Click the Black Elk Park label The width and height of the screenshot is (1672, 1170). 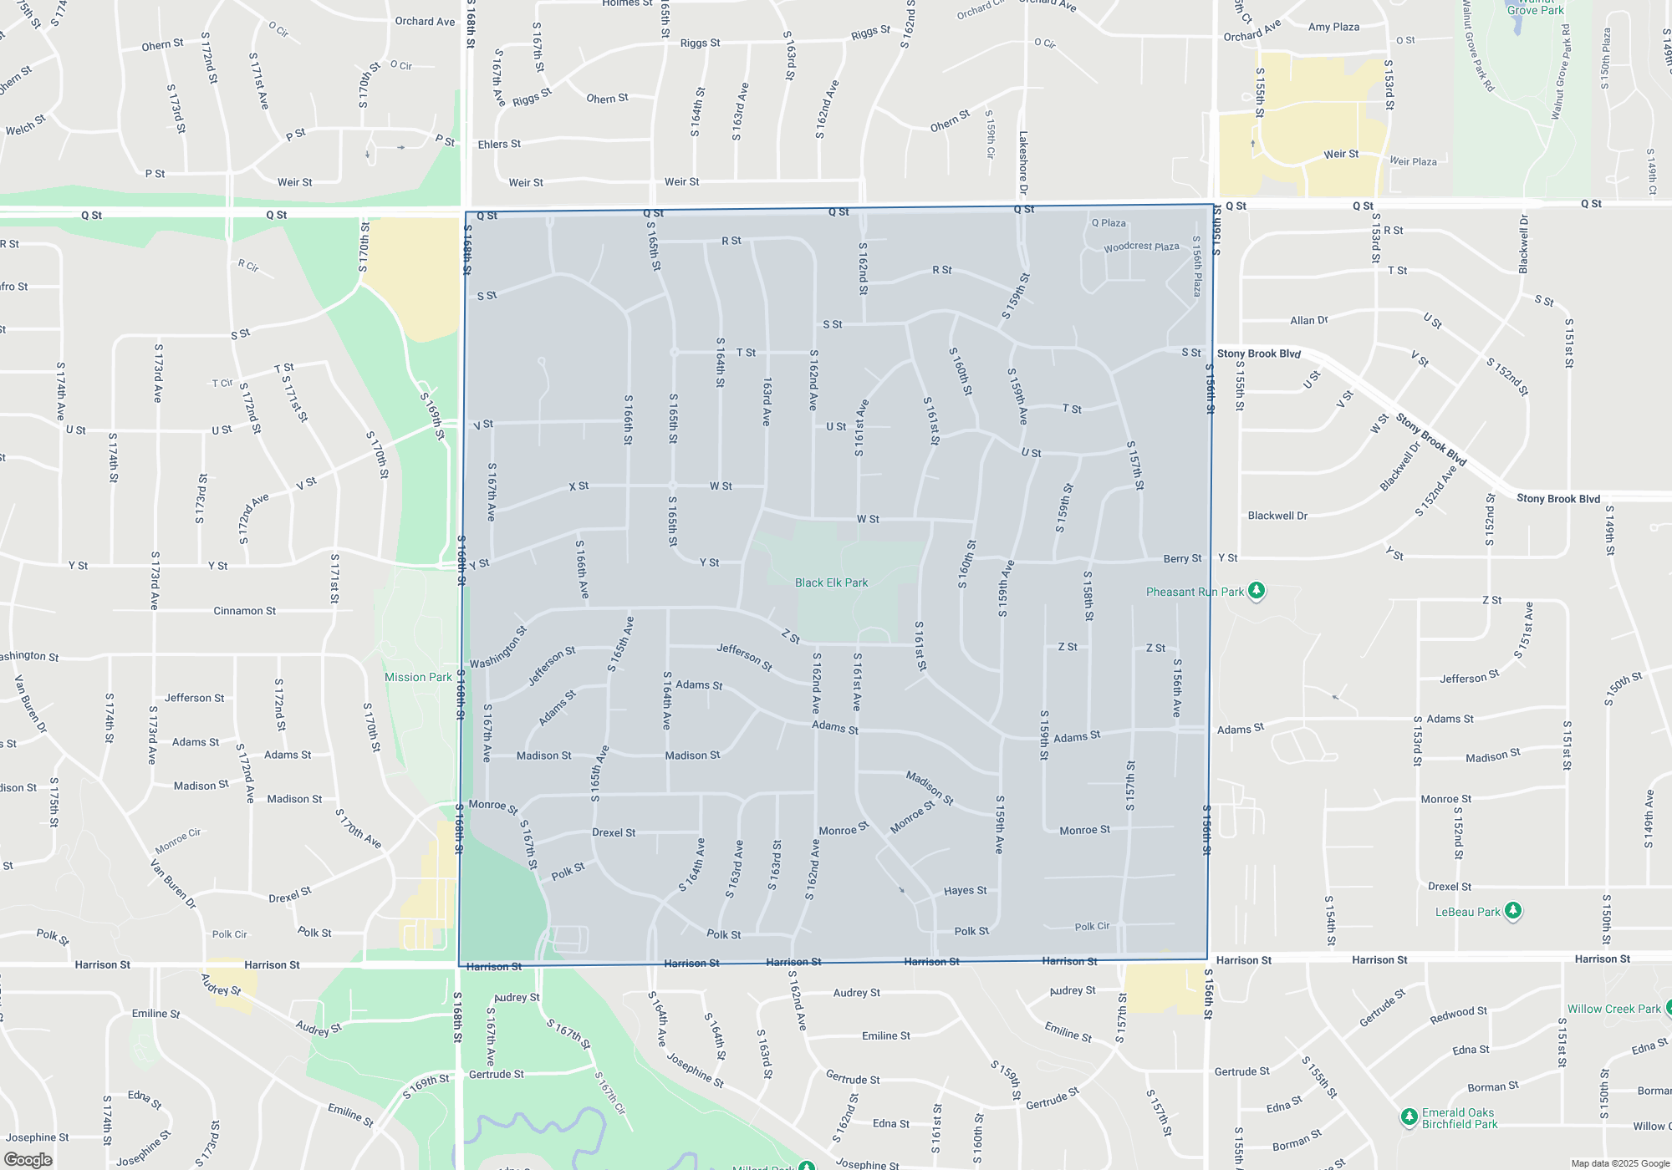[x=831, y=582]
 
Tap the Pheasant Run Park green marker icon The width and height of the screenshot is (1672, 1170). [x=1256, y=592]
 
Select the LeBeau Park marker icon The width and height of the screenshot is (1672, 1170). [x=1513, y=911]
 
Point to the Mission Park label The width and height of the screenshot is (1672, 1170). [x=418, y=677]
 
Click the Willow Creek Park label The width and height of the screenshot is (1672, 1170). [x=1613, y=1009]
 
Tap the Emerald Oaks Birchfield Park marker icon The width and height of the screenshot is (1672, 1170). [x=1409, y=1117]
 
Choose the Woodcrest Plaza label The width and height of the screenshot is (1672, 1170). [x=1141, y=247]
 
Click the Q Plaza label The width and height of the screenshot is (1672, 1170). [x=1109, y=223]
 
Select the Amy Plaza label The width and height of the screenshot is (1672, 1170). [x=1333, y=27]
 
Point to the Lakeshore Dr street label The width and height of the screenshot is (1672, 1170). [x=1023, y=163]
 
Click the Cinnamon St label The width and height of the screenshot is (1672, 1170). [x=244, y=611]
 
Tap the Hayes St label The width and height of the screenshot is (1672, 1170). [x=965, y=891]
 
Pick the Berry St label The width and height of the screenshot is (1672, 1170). [x=1182, y=558]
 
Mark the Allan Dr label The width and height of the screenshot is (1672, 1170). [x=1308, y=320]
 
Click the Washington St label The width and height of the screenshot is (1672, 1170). [x=498, y=648]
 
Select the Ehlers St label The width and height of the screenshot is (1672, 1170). [x=499, y=145]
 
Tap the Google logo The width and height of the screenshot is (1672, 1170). [x=28, y=1160]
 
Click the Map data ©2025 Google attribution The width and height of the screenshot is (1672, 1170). [x=1619, y=1163]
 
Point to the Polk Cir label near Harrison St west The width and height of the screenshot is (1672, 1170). [x=229, y=934]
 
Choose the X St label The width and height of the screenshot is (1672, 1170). [x=579, y=486]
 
